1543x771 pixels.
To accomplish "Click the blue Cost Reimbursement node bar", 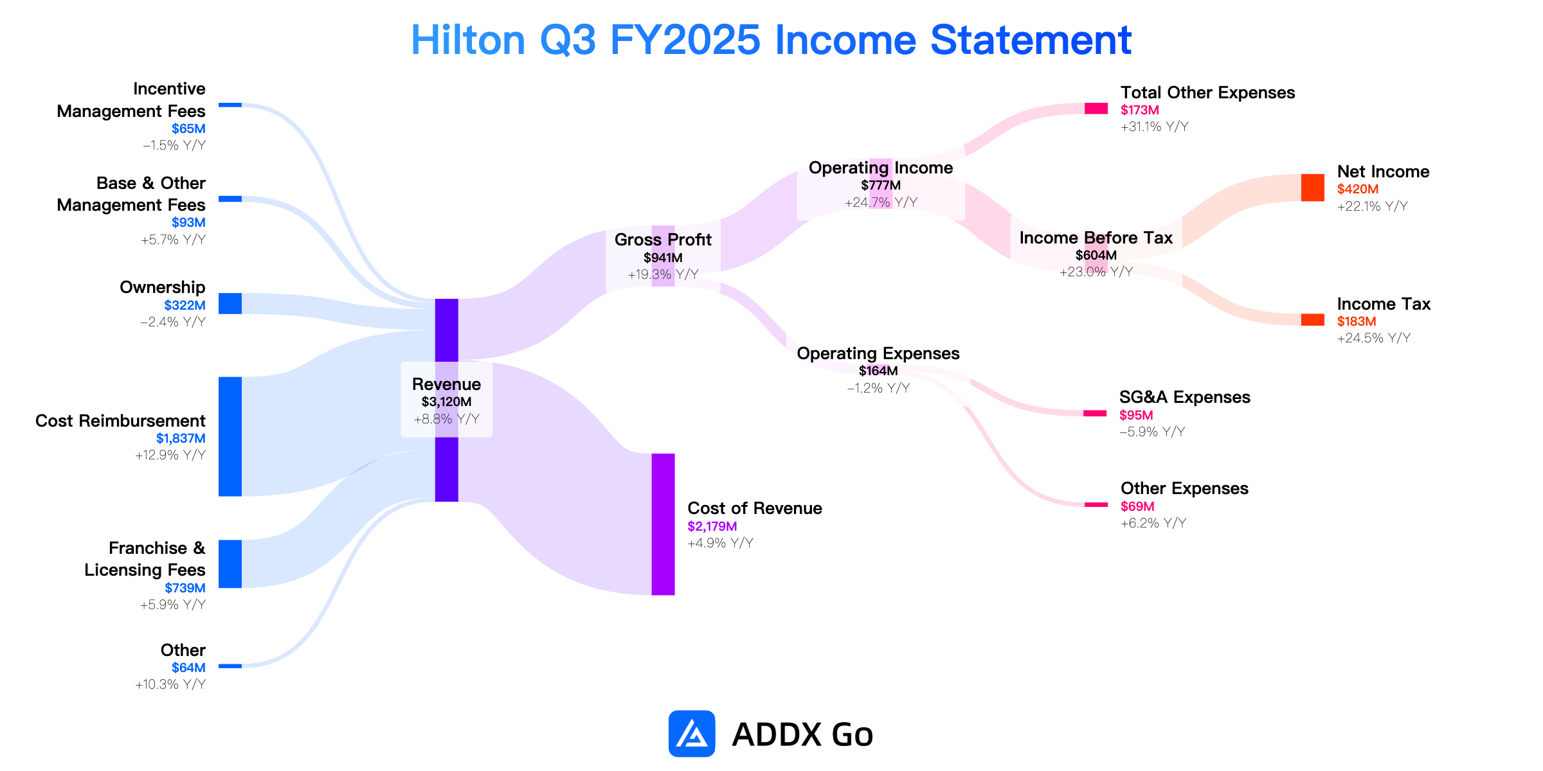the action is [x=230, y=436].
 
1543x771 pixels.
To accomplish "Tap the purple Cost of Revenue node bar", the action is [x=663, y=524].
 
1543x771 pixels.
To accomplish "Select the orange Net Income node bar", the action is [x=1312, y=188].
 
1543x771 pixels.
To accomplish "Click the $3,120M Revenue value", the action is [x=447, y=402].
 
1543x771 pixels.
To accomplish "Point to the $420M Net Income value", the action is [x=1358, y=189].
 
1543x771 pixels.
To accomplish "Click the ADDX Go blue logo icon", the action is [x=692, y=734].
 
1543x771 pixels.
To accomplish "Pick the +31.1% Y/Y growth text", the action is [x=1155, y=127].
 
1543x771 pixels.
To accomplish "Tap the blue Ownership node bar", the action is [x=230, y=303].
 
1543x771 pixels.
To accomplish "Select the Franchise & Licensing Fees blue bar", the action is [x=230, y=564].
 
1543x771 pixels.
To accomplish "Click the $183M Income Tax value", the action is [x=1357, y=321].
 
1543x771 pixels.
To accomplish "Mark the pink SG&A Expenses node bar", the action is [x=1095, y=413].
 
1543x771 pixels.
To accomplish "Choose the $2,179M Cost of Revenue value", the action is [x=712, y=526].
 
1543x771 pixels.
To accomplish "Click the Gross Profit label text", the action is [x=663, y=240].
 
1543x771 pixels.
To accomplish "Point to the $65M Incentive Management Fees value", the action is [x=188, y=128].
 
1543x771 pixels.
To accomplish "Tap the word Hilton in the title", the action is [x=468, y=40].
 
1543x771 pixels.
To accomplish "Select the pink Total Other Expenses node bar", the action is [x=1096, y=109].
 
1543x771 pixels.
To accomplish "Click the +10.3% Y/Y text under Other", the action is [x=170, y=684].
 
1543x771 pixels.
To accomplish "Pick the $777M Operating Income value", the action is [x=881, y=185].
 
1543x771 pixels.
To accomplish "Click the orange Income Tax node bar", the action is [x=1312, y=320].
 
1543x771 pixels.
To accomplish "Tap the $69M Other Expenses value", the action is [x=1137, y=506].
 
